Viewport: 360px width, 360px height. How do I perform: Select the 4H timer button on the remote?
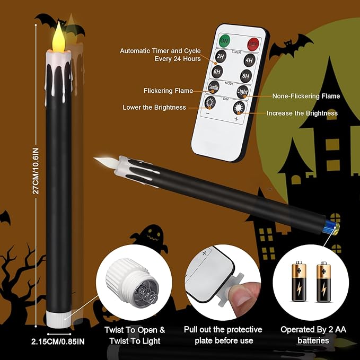(249, 60)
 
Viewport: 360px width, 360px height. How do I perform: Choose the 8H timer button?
(246, 75)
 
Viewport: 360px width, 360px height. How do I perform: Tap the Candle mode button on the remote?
(213, 88)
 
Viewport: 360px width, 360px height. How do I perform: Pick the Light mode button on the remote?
(242, 91)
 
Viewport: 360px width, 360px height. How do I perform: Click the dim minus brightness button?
(209, 103)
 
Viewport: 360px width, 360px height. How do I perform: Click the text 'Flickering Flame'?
(169, 91)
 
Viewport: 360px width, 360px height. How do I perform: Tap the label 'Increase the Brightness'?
(302, 113)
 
